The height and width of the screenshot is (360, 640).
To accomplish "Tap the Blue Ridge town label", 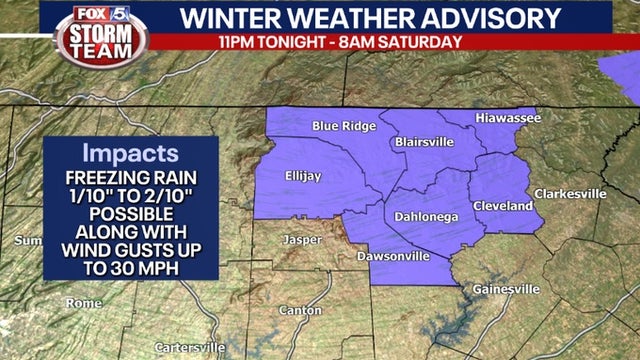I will click(x=344, y=126).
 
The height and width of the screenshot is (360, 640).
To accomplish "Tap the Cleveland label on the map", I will click(x=503, y=205).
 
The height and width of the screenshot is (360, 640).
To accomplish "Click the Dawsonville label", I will click(x=393, y=256).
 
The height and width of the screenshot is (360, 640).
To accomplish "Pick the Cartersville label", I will click(x=190, y=347).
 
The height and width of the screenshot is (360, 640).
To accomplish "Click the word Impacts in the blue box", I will click(x=130, y=155).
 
